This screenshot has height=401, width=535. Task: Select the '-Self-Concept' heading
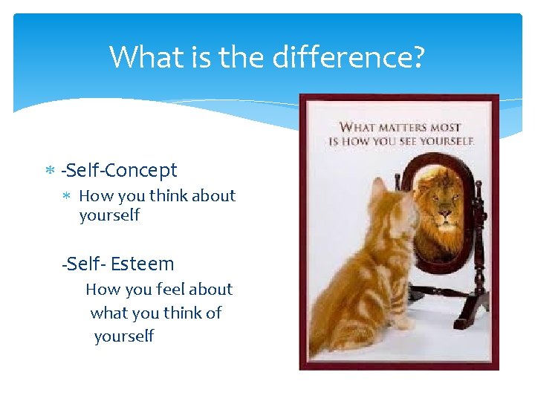(120, 170)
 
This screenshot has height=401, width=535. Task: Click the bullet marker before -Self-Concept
(49, 171)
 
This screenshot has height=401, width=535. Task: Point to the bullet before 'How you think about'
(66, 197)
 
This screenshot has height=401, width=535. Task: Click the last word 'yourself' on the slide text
(124, 336)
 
